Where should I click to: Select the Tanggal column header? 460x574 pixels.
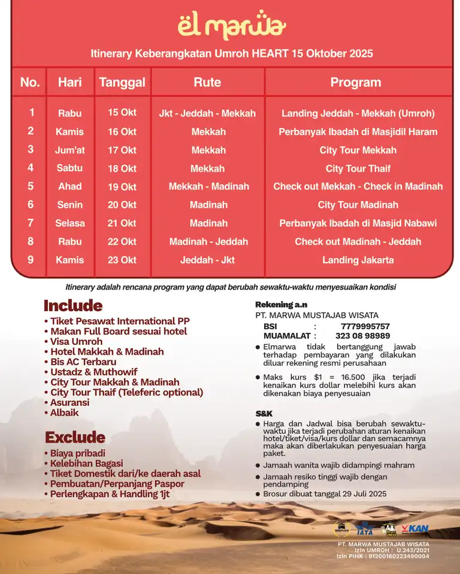[x=122, y=83]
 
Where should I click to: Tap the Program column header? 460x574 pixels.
[x=355, y=83]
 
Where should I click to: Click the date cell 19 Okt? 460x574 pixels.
[x=122, y=187]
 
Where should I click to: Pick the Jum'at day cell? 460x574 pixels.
[x=70, y=150]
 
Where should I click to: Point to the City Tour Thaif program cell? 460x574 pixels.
[x=358, y=169]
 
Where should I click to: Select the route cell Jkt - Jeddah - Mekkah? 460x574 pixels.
[x=207, y=113]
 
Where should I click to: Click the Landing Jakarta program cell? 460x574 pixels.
[x=358, y=260]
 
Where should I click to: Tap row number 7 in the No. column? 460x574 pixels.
[x=31, y=223]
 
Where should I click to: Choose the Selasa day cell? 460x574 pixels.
[x=70, y=223]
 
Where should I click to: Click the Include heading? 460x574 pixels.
[x=73, y=306]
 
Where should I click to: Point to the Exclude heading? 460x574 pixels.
[x=75, y=438]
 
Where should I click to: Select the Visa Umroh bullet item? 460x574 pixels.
[x=76, y=342]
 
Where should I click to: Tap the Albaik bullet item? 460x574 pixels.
[x=64, y=412]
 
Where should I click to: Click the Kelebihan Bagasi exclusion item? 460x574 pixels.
[x=86, y=463]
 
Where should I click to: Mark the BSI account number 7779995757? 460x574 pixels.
[x=365, y=326]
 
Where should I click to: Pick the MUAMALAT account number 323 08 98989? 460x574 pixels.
[x=362, y=336]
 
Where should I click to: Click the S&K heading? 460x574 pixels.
[x=264, y=414]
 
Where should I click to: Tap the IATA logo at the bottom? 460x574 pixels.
[x=364, y=530]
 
